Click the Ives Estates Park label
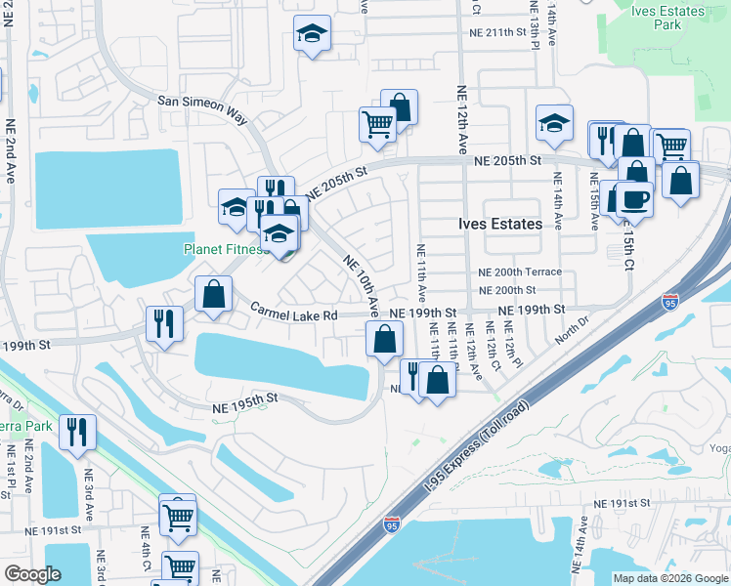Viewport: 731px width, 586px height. point(667,18)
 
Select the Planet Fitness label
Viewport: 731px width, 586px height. point(226,249)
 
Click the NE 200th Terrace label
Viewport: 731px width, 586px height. point(520,272)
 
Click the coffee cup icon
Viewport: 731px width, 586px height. point(633,198)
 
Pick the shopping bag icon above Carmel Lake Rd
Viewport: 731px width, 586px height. point(213,293)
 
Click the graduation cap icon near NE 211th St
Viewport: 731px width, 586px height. point(313,34)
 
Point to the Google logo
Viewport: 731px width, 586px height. point(32,573)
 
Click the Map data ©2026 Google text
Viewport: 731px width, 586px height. point(669,578)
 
